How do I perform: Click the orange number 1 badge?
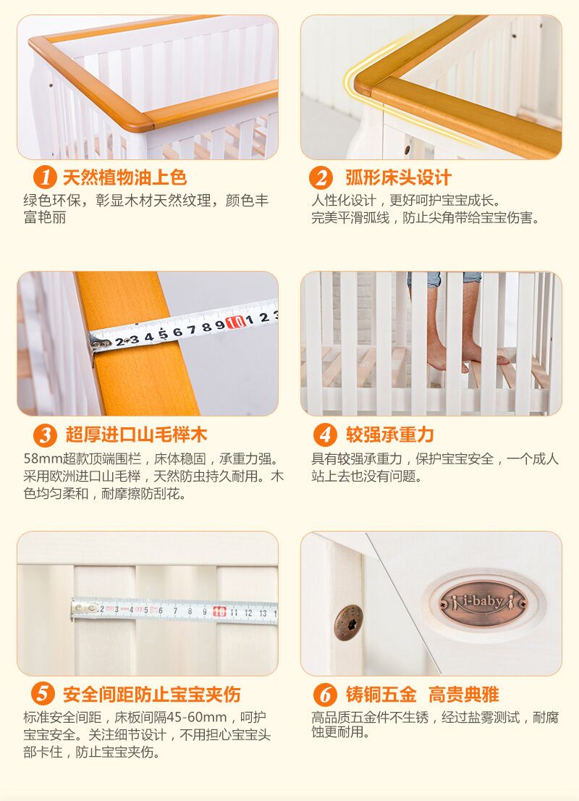(x=45, y=177)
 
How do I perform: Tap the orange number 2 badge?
(x=321, y=177)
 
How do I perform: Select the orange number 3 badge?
(x=45, y=435)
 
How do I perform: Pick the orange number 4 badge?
(x=325, y=435)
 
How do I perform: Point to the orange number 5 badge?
(x=43, y=695)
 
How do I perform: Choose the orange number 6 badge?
(x=325, y=695)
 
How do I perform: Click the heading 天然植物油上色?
(x=124, y=177)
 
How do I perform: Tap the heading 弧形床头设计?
(x=398, y=177)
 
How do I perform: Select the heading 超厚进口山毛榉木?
(x=136, y=435)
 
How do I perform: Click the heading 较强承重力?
(x=389, y=435)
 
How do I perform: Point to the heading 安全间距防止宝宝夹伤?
(x=152, y=695)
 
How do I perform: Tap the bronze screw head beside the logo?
(x=348, y=621)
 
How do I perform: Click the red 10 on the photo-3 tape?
(x=235, y=322)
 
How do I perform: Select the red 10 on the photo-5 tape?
(x=219, y=611)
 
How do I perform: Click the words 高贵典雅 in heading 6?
(x=464, y=695)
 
